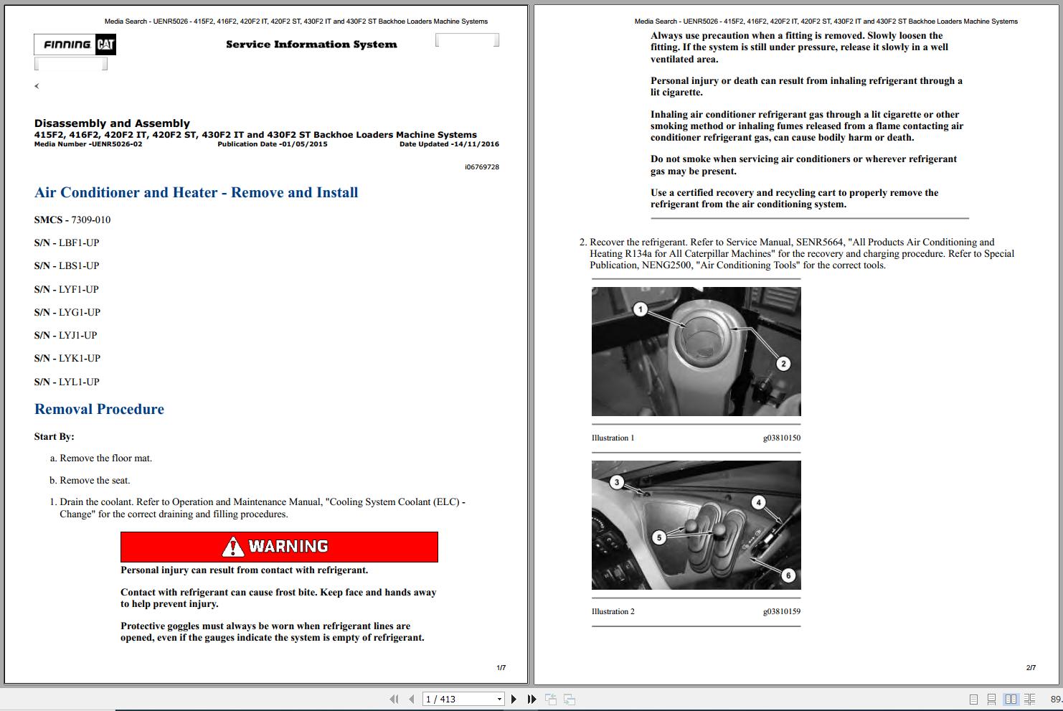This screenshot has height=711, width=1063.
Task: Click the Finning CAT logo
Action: tap(75, 44)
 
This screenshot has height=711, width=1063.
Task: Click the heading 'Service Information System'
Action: tap(311, 44)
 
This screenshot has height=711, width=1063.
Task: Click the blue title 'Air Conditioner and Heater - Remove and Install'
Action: tap(196, 192)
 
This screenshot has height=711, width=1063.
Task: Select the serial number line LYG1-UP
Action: tap(67, 312)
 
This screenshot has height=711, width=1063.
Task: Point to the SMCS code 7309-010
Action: tap(90, 220)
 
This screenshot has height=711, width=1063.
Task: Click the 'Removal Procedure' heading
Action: tap(99, 409)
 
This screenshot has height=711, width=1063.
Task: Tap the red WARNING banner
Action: tap(279, 547)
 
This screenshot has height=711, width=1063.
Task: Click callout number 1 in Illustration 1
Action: tap(641, 309)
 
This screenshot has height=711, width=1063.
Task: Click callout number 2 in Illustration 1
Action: tap(783, 364)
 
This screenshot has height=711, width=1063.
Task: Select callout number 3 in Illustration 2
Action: tap(617, 482)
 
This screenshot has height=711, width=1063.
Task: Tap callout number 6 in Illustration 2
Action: tap(788, 575)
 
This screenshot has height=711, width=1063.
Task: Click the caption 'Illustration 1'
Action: tap(613, 438)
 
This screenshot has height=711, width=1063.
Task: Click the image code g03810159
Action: tap(781, 611)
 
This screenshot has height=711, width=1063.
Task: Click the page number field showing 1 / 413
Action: tap(459, 699)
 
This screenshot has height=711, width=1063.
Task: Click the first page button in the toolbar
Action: tap(394, 699)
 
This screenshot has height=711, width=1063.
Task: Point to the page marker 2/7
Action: tap(1031, 667)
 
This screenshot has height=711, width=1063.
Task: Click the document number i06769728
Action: tap(481, 166)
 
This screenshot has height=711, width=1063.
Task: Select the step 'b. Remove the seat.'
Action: tap(90, 480)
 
